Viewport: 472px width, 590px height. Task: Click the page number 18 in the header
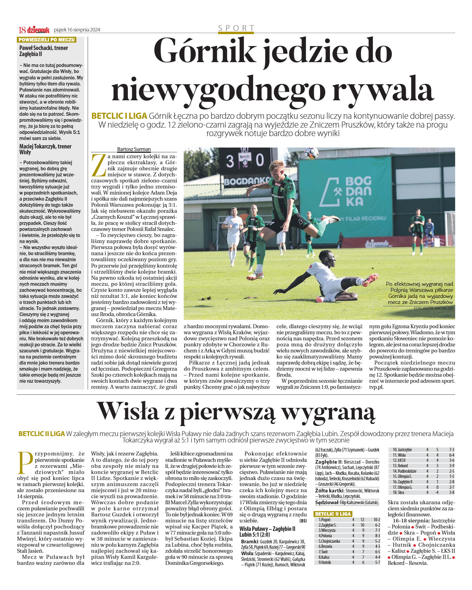coord(22,30)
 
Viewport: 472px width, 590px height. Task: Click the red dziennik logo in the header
coord(38,30)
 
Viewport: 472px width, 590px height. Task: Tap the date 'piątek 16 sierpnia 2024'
coord(77,30)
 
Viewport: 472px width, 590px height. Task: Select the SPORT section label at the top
coord(236,28)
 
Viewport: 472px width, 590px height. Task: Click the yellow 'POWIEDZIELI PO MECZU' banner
coord(46,40)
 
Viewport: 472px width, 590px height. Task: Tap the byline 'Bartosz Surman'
coord(134,149)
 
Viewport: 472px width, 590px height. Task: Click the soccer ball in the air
coord(311,153)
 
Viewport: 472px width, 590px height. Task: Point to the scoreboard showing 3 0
coord(244,161)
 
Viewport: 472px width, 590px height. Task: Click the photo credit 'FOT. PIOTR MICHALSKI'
coord(433,308)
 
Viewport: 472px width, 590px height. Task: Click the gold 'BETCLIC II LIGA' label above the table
coord(333,514)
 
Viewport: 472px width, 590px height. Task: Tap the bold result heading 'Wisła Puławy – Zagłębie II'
coord(267,529)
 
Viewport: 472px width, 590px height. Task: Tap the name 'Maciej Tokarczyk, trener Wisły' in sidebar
coord(45,149)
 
